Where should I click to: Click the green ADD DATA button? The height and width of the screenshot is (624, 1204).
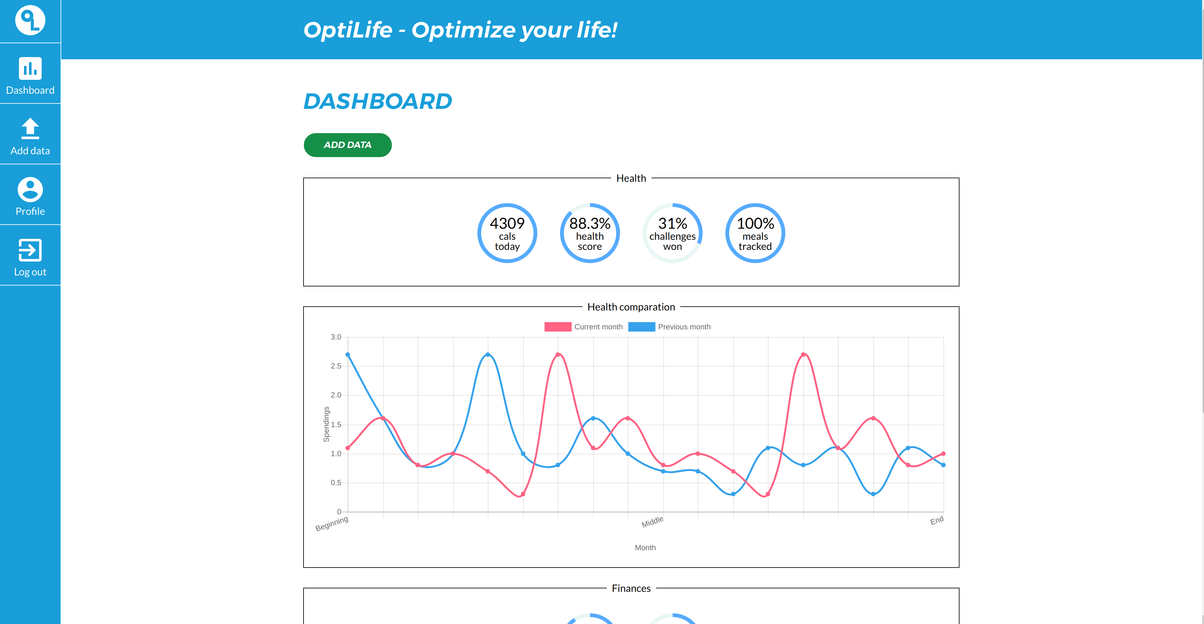click(x=347, y=145)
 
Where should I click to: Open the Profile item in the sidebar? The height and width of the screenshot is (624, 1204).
click(x=30, y=196)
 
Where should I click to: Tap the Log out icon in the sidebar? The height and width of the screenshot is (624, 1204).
click(x=30, y=250)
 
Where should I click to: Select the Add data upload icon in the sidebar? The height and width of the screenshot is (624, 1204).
click(x=30, y=128)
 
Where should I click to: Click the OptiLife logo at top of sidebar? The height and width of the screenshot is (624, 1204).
click(x=30, y=20)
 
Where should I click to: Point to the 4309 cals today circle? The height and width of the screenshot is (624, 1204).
click(x=507, y=233)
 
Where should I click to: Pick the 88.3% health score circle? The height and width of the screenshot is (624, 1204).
click(x=589, y=233)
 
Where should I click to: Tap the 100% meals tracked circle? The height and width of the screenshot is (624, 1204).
click(x=755, y=233)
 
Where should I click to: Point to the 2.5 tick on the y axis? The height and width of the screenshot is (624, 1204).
click(x=336, y=366)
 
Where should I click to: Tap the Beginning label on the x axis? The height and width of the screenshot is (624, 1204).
click(x=332, y=523)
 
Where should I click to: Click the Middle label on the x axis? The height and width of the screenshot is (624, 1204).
click(x=652, y=522)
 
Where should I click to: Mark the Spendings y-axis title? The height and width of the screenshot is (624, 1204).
click(x=326, y=424)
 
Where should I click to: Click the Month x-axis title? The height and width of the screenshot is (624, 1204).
click(x=645, y=547)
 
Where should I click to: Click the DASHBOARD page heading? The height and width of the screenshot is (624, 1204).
click(x=378, y=102)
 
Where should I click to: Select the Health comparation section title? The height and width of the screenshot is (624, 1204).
click(x=631, y=307)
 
